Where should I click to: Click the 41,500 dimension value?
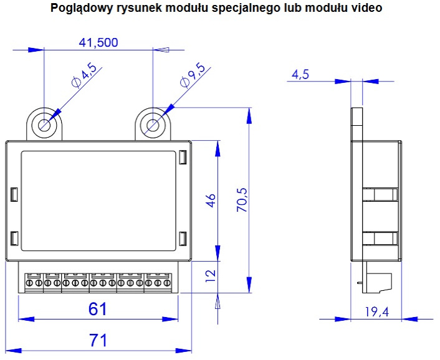point(98,42)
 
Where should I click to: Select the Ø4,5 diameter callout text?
point(84,75)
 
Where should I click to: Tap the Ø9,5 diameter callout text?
point(193,75)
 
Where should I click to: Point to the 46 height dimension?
point(211,201)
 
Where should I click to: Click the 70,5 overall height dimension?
point(242,200)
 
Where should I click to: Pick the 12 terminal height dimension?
point(211,276)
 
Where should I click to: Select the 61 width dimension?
point(98,309)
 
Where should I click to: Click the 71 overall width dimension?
point(98,340)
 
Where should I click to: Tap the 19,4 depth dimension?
point(377,312)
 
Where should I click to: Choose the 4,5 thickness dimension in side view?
point(300,75)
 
